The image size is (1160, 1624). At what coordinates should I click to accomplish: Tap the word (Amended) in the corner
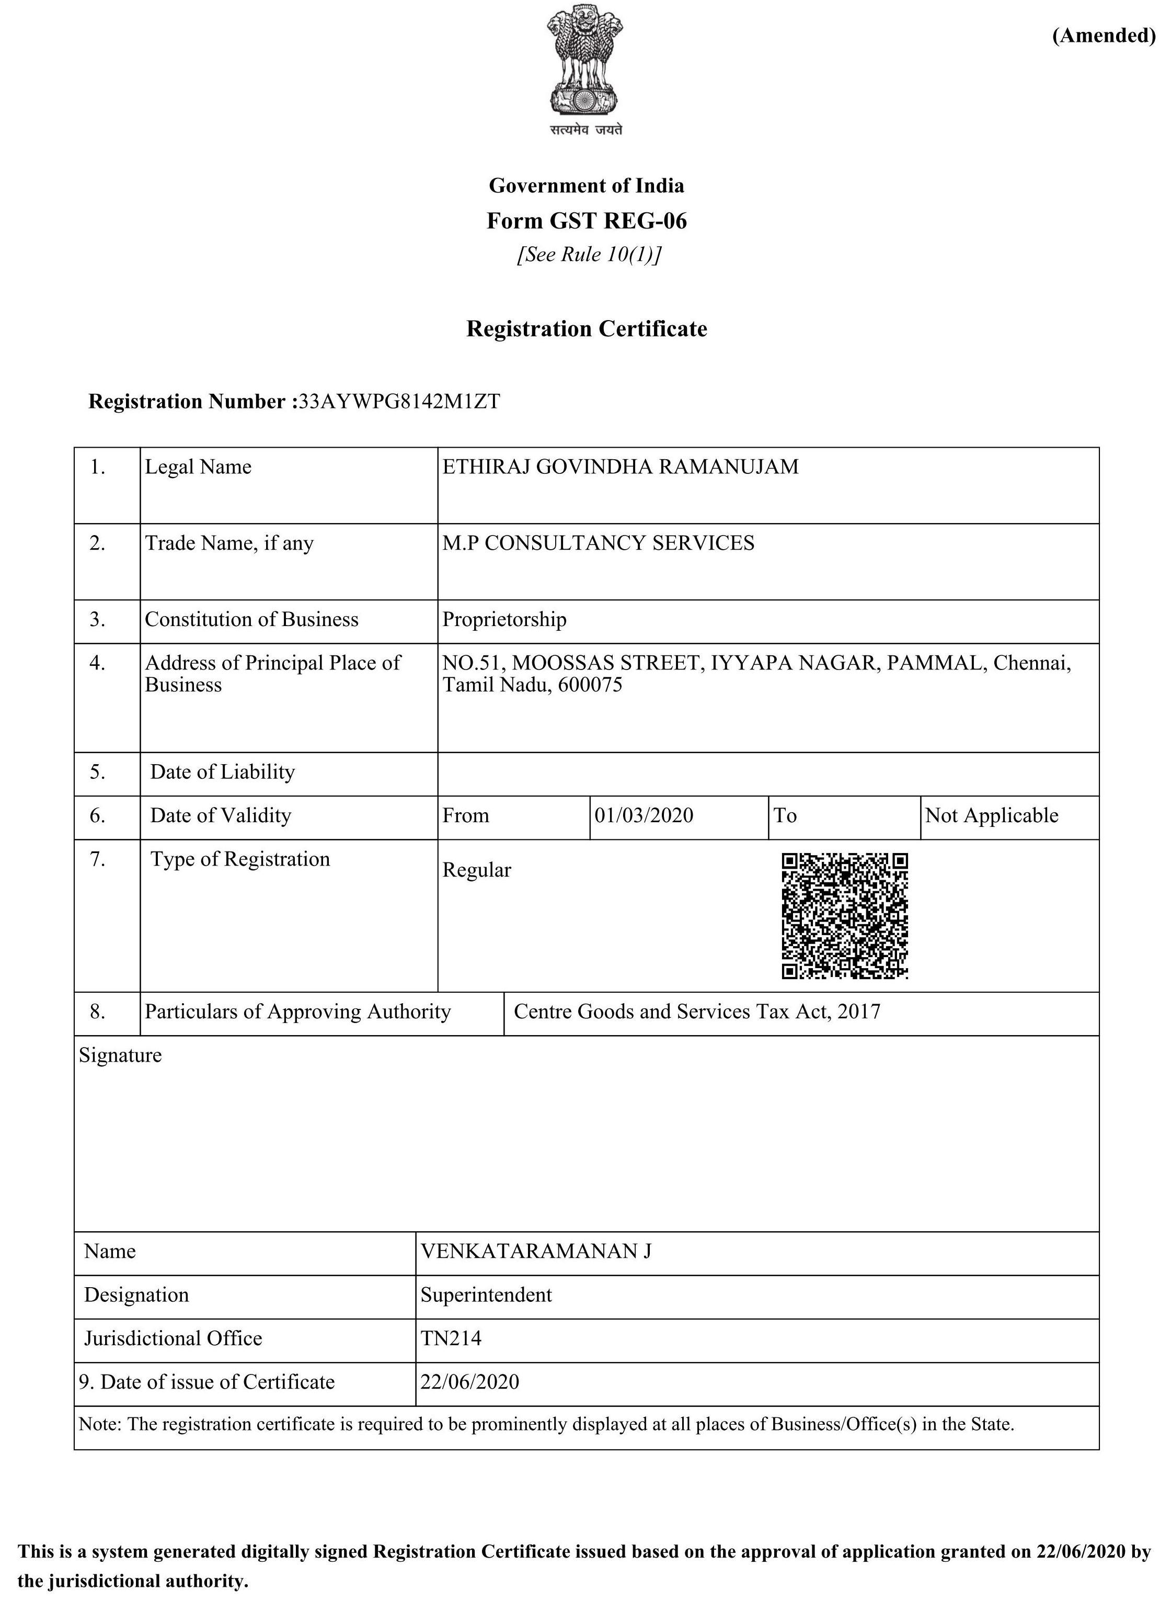(x=1104, y=35)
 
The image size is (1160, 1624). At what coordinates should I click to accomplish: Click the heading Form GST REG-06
(x=587, y=221)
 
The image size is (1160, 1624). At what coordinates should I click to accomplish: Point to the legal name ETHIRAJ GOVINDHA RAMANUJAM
(x=620, y=467)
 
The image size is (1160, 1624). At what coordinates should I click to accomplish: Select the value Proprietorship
(x=504, y=619)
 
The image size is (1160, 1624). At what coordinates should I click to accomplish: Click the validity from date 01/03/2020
(x=644, y=815)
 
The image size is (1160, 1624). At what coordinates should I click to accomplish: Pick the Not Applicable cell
(x=992, y=815)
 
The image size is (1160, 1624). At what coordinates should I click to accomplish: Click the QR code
(x=844, y=915)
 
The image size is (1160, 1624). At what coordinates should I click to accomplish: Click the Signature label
(x=120, y=1055)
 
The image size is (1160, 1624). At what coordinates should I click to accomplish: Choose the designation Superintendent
(x=486, y=1294)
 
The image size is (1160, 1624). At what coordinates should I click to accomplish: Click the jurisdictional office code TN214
(x=451, y=1338)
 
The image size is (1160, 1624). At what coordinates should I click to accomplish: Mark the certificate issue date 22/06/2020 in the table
(x=469, y=1382)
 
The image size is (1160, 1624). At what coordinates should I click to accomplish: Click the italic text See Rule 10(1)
(x=589, y=254)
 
